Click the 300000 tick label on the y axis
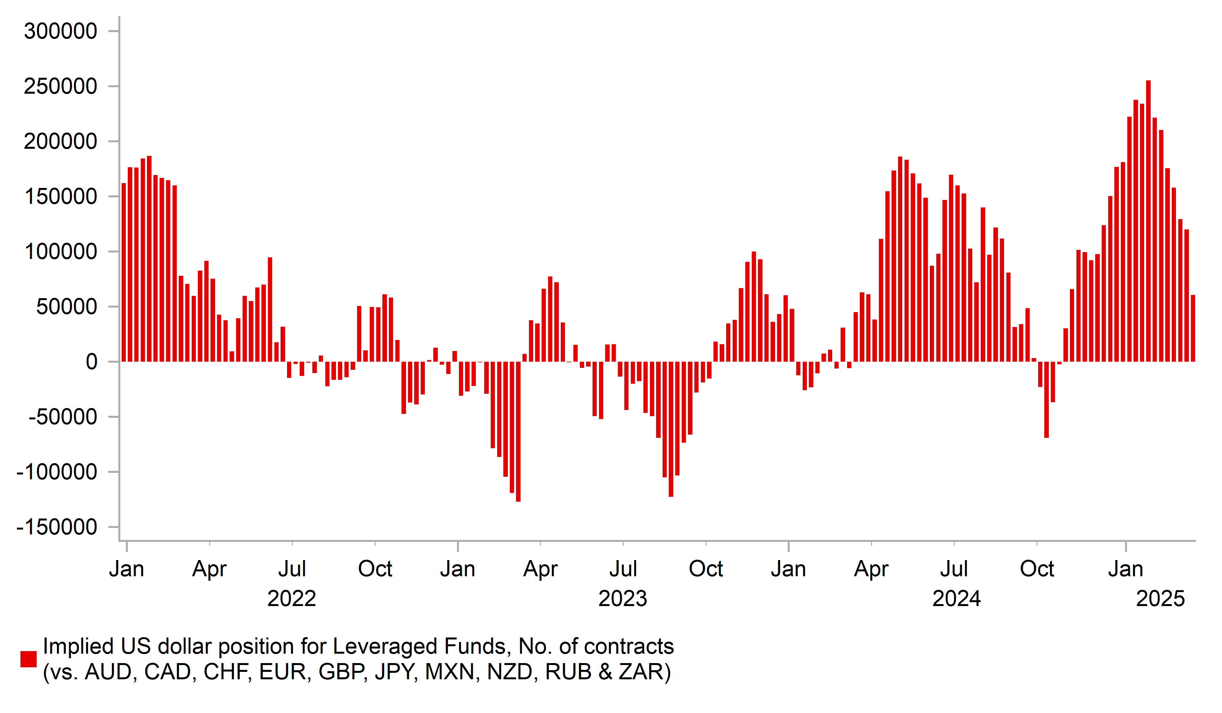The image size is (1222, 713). (x=61, y=31)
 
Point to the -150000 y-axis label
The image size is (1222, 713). (x=57, y=527)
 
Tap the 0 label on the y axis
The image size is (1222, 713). (x=91, y=362)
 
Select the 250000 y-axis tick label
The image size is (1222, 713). (x=61, y=87)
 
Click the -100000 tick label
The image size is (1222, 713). (x=57, y=472)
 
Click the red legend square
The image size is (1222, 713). (x=29, y=659)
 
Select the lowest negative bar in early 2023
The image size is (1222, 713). (x=518, y=431)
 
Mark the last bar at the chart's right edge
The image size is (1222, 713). (x=1193, y=328)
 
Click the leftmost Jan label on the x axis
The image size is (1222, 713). (x=126, y=569)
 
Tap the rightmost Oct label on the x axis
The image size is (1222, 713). (x=1037, y=569)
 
